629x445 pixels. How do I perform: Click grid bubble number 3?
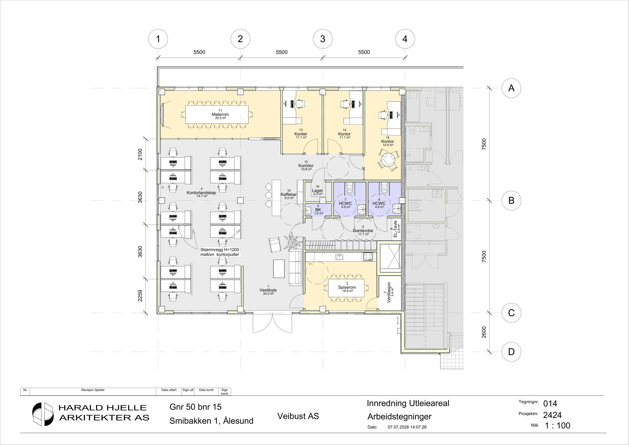323,39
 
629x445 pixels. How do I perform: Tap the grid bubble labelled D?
511,352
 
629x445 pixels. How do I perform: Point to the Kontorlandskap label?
201,193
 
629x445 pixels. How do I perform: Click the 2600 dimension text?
484,332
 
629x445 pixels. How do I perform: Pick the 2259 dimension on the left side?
140,296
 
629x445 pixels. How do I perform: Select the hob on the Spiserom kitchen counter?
368,256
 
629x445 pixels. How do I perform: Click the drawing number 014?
550,404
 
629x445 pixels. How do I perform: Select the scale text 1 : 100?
557,426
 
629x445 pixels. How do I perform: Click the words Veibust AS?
298,416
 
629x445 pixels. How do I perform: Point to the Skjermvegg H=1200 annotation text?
220,250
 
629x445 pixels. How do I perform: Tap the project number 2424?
552,415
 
